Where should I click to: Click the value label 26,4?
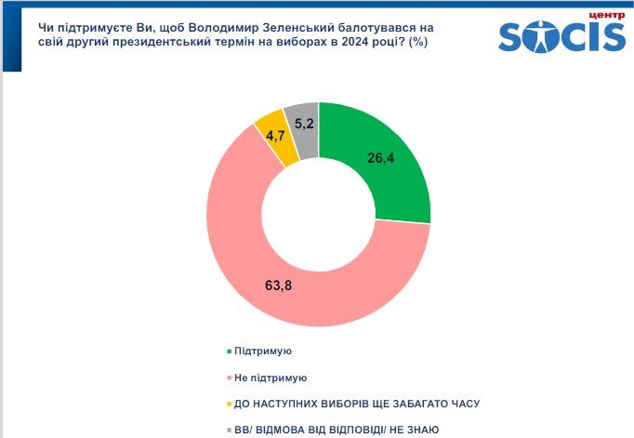(x=381, y=158)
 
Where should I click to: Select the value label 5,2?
(x=303, y=122)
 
